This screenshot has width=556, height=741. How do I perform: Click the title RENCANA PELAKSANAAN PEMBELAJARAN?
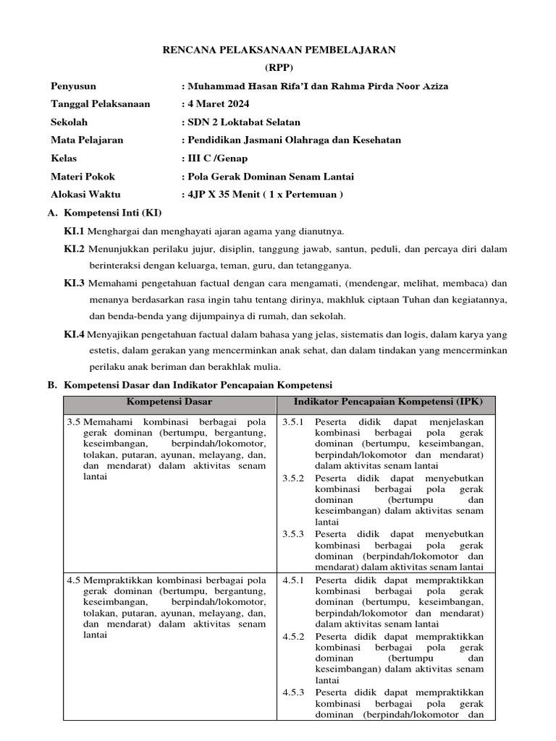(x=279, y=49)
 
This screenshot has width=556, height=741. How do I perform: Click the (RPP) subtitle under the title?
(x=279, y=67)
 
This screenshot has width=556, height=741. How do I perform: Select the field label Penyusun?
(x=73, y=86)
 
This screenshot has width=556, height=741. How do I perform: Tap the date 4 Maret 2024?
(x=219, y=104)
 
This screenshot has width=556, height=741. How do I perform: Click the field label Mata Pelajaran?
(x=87, y=140)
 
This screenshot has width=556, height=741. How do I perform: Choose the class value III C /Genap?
(x=217, y=158)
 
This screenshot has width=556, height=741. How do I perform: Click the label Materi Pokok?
(x=83, y=176)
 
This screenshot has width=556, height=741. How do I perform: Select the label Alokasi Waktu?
(x=85, y=194)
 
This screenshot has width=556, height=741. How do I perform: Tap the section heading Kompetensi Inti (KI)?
(x=113, y=213)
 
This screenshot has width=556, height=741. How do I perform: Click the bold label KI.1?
(x=75, y=231)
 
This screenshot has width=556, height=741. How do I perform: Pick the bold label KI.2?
(x=75, y=249)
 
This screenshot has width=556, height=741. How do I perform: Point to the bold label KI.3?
(x=75, y=282)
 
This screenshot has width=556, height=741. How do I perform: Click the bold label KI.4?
(x=75, y=334)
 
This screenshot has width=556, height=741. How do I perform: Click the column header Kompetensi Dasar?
(x=169, y=401)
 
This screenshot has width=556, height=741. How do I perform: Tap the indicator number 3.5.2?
(x=294, y=478)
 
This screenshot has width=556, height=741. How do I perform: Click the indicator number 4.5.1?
(x=294, y=580)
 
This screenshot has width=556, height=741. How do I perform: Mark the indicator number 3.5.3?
(x=294, y=534)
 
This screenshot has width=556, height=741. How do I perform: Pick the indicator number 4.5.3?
(x=294, y=692)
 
